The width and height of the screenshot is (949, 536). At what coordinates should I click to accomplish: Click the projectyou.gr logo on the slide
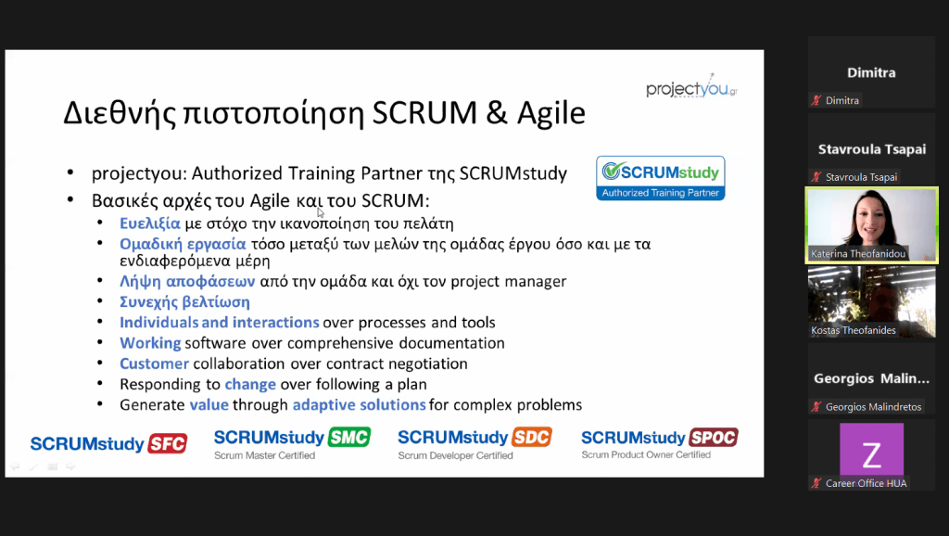(691, 88)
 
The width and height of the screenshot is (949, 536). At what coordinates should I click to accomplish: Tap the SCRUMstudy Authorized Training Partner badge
(660, 178)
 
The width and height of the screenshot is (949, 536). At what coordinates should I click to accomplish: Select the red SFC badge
(168, 443)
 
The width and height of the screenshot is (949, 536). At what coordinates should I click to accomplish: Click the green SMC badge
(349, 437)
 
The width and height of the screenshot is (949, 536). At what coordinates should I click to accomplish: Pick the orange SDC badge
(532, 437)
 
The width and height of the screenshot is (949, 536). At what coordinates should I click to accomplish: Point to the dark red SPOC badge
(714, 437)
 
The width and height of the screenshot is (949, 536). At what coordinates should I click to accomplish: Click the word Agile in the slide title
(550, 113)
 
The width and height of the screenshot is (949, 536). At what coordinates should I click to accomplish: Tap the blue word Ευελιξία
(150, 223)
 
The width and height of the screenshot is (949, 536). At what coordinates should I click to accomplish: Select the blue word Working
(150, 343)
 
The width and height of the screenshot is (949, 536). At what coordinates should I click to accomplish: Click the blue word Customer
(155, 364)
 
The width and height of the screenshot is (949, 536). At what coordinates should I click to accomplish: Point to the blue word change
(250, 385)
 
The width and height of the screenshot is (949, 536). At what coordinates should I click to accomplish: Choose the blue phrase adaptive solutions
(359, 404)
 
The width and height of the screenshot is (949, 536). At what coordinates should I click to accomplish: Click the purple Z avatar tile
(871, 450)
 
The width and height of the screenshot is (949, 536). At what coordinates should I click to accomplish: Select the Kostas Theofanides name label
(854, 330)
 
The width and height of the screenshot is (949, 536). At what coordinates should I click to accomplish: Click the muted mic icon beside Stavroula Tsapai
(816, 177)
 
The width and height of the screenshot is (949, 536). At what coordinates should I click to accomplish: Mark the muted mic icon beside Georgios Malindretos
(816, 406)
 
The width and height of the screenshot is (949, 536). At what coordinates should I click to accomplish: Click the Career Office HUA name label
(867, 483)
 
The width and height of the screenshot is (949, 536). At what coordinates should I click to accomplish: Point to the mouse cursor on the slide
(320, 212)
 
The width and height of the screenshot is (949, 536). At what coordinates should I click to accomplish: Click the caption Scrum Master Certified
(264, 455)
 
